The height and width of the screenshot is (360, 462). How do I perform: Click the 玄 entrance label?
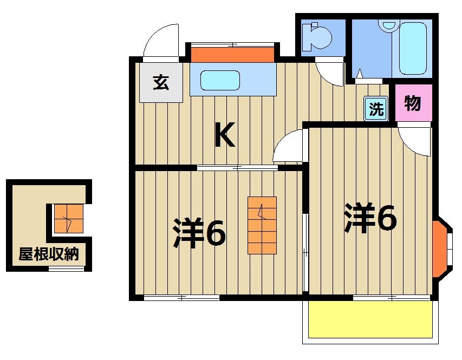pos(160,83)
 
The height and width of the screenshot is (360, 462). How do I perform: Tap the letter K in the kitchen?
pos(225,135)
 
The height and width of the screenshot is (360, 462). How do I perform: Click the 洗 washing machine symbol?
pos(376,108)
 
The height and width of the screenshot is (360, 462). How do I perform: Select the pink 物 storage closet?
pos(413,103)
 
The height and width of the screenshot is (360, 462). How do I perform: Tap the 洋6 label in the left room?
pos(199,233)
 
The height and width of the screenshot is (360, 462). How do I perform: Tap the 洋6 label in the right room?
pos(370,218)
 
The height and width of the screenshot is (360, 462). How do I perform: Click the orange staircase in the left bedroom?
pos(262,225)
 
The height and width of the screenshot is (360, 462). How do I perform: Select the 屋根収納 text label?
pos(48,254)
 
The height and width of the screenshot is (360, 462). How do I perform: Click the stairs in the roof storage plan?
pos(68,219)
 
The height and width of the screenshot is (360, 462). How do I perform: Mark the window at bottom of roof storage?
pos(66,269)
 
